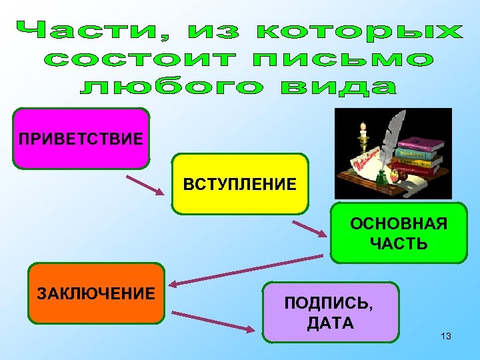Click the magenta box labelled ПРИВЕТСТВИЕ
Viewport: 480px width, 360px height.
click(81, 139)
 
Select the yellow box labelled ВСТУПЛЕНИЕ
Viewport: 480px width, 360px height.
click(240, 184)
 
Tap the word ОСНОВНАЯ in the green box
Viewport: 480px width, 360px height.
click(399, 223)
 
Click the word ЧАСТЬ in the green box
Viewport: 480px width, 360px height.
click(399, 243)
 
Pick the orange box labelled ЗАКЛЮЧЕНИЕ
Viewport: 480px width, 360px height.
click(96, 293)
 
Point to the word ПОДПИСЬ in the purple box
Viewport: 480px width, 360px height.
click(329, 304)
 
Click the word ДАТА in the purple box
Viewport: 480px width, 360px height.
click(330, 325)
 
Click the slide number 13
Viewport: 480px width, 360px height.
click(446, 336)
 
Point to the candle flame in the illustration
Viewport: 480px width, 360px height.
click(363, 125)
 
